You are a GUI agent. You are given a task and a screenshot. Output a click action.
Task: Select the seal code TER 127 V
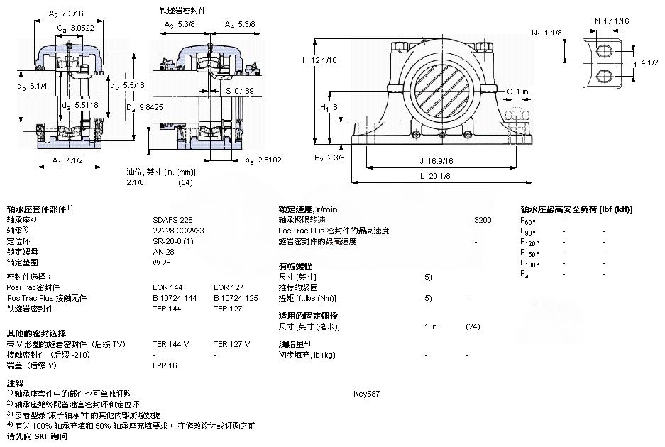pos(231,344)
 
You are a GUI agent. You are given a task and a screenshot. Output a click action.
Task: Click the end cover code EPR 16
pos(165,365)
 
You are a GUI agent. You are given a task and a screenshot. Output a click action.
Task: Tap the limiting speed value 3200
pos(482,221)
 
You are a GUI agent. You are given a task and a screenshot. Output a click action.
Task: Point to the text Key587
pos(366,393)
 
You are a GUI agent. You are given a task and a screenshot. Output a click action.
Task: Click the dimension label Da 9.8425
pos(143,107)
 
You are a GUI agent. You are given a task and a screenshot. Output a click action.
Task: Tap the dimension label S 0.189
pos(239,90)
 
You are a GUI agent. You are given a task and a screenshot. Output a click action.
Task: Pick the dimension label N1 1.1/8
pos(546,33)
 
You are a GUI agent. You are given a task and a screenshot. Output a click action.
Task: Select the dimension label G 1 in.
pos(519,92)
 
